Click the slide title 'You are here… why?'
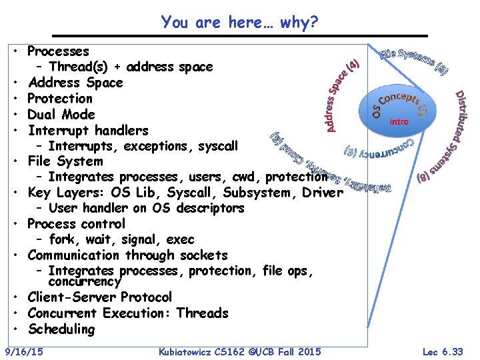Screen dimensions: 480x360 (x=239, y=23)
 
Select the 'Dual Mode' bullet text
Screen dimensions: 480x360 (x=61, y=114)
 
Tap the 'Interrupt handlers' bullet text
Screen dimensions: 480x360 (x=88, y=130)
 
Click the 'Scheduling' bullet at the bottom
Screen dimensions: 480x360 (x=61, y=329)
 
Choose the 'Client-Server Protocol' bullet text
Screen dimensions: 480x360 (x=100, y=297)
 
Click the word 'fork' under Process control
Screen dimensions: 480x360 (x=62, y=239)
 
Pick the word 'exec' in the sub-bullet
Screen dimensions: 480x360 (x=181, y=239)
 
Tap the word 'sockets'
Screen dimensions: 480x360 (x=202, y=255)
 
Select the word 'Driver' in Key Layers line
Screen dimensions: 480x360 (x=322, y=193)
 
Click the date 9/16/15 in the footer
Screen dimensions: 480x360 (x=24, y=351)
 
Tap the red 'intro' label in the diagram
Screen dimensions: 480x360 (x=399, y=121)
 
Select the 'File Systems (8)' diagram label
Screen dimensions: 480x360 (x=414, y=59)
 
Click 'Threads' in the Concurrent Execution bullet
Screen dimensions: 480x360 (x=202, y=313)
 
